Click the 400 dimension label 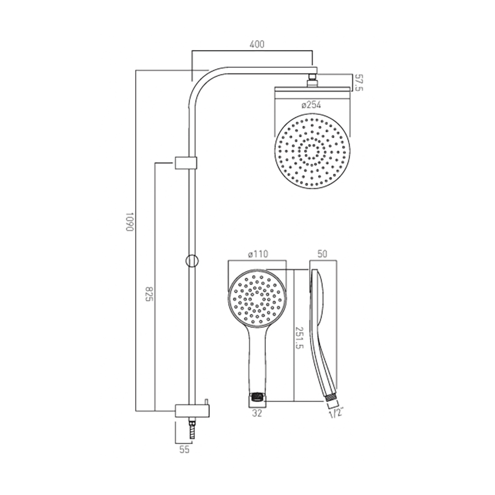click(256, 45)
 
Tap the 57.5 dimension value click(360, 82)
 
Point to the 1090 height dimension click(129, 222)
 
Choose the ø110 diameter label click(257, 254)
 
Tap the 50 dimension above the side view click(322, 254)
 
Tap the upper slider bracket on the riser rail click(186, 163)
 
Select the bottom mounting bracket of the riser click(192, 410)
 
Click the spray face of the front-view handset click(257, 298)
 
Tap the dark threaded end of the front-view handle click(256, 396)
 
